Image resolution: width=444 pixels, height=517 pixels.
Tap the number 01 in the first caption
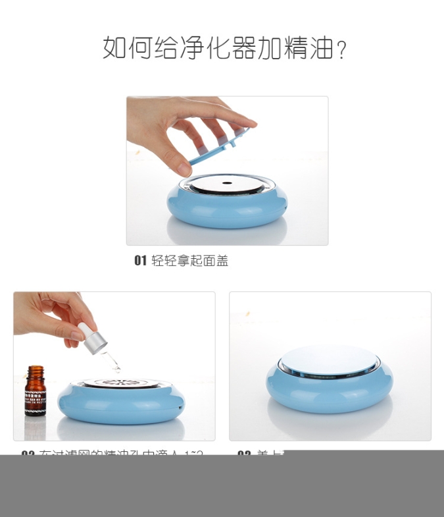point(140,261)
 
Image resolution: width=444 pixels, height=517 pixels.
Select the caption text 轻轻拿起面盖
point(190,261)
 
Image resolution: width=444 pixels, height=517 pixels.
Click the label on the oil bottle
point(36,398)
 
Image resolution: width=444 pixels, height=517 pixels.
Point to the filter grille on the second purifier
point(120,383)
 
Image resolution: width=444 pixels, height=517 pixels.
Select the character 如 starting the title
point(114,48)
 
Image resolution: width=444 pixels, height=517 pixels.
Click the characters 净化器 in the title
point(217,48)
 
